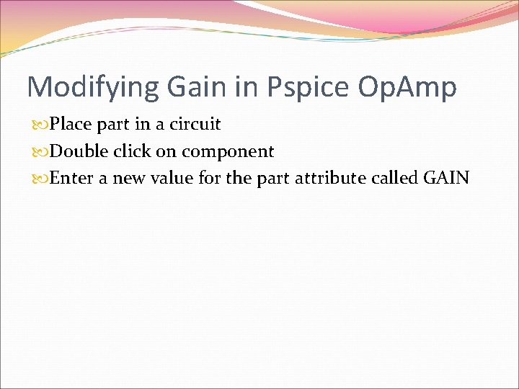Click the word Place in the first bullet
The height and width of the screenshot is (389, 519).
point(71,125)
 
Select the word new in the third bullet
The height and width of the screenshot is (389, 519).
point(128,179)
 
